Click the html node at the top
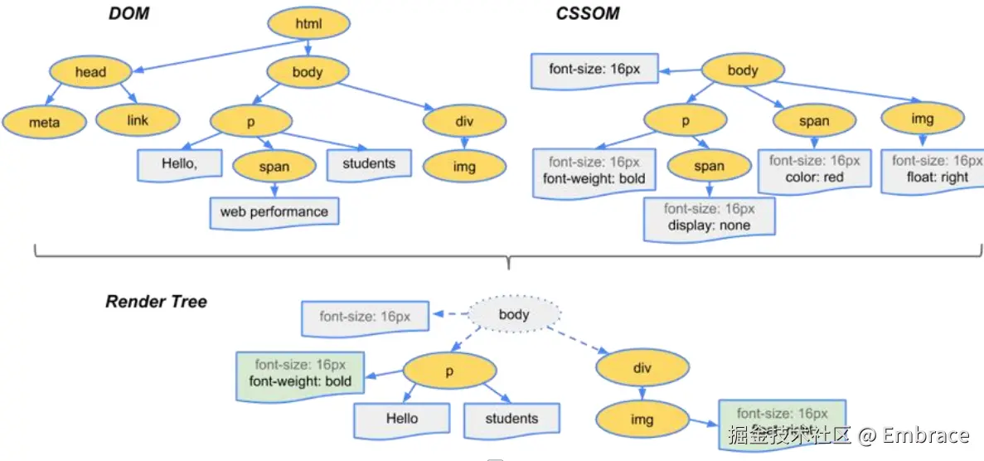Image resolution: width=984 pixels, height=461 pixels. (308, 24)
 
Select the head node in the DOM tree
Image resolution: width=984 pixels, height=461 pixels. (90, 72)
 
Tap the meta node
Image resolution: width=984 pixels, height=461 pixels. (44, 123)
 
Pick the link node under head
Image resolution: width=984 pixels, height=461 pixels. (138, 121)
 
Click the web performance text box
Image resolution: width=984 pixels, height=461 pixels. (274, 212)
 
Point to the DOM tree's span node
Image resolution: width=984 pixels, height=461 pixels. (274, 167)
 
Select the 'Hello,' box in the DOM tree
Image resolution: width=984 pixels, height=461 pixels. (180, 164)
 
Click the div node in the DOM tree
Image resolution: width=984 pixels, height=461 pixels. (464, 122)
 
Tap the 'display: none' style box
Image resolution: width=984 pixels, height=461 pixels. (709, 218)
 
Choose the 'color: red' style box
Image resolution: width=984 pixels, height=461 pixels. (814, 169)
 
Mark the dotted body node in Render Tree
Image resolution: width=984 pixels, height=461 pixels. (514, 315)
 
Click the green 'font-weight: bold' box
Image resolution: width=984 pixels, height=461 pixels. (300, 374)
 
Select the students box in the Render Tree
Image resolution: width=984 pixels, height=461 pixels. (511, 420)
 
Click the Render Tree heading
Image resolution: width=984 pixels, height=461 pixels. (156, 302)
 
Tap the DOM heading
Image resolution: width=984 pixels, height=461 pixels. (128, 14)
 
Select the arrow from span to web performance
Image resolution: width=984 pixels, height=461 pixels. (274, 189)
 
